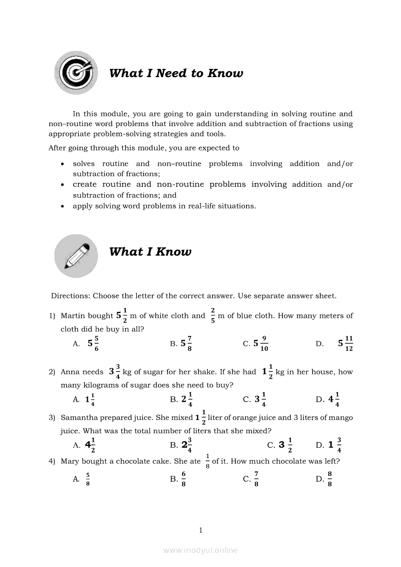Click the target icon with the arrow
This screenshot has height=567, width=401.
(76, 73)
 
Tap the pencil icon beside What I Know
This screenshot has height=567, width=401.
(76, 256)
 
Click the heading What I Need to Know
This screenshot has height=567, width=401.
(176, 73)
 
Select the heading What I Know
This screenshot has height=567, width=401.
(150, 252)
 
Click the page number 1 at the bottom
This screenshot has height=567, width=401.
(200, 530)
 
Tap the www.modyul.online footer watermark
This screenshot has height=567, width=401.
(200, 550)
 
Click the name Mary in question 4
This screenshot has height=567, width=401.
(70, 461)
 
